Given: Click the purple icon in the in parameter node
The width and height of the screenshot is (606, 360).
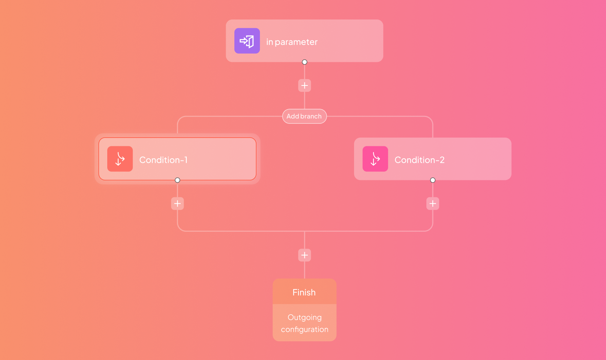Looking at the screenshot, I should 247,41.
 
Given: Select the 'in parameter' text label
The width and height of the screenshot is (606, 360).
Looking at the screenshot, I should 292,42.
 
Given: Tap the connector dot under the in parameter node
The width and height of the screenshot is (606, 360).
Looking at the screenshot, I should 304,62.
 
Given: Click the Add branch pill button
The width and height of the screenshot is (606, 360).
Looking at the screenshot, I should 304,116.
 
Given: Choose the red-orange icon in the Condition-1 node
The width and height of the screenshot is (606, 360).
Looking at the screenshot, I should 120,159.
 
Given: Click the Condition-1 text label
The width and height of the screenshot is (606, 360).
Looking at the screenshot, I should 163,160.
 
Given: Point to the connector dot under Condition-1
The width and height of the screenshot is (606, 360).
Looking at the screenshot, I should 177,180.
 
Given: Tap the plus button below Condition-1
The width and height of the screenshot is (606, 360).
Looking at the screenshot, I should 177,204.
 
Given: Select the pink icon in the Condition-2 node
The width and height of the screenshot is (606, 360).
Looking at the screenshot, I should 375,159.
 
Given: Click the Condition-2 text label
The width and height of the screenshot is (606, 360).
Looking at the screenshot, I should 419,160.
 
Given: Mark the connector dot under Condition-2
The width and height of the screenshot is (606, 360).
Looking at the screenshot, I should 433,180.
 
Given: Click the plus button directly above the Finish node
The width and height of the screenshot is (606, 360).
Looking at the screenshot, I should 304,255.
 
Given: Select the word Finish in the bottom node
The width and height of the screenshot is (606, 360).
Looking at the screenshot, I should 304,292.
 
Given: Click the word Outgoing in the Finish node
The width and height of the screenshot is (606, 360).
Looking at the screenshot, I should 304,318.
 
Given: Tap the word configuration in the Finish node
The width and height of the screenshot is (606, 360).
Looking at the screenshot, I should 304,330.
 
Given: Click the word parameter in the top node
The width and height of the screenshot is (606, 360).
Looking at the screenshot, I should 296,42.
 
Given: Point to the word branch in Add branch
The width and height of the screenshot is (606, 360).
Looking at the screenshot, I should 311,116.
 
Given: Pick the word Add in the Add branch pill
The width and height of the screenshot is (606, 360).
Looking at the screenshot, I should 293,116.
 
